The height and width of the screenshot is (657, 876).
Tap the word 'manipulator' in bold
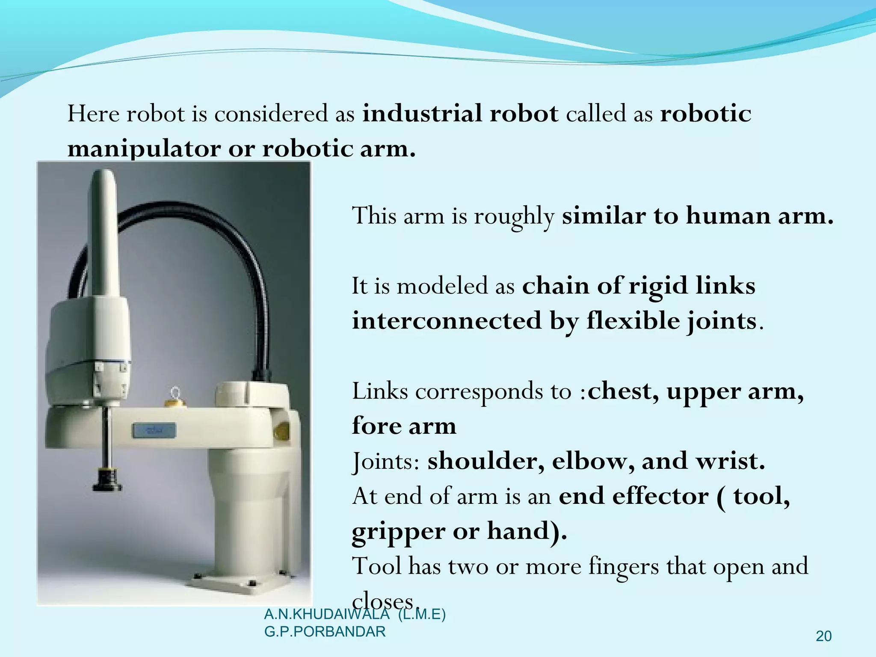tap(144, 149)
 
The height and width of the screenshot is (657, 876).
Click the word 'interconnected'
tap(447, 321)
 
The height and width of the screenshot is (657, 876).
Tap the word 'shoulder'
tap(485, 461)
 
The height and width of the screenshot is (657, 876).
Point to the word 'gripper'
tap(398, 532)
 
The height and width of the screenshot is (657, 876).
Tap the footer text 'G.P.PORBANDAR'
tap(325, 632)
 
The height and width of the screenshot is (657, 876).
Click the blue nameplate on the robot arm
tap(154, 430)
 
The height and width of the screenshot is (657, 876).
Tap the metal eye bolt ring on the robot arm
tap(175, 393)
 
